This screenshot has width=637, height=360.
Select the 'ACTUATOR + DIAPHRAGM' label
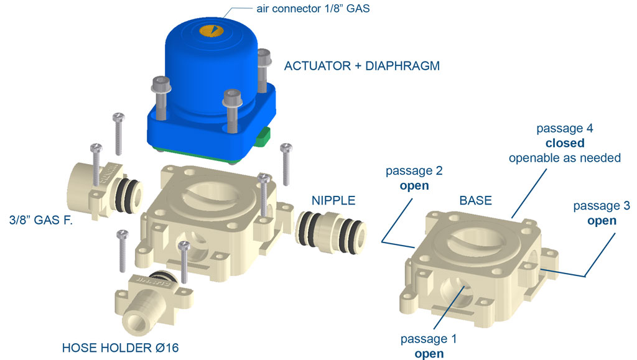click(x=361, y=65)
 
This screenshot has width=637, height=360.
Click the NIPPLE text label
click(x=333, y=200)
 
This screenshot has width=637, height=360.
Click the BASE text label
click(x=475, y=200)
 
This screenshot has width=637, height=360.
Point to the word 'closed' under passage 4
click(x=564, y=143)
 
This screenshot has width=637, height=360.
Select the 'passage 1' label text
click(x=429, y=339)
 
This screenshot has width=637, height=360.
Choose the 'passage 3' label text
click(x=602, y=206)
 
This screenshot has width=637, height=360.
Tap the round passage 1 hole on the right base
click(x=456, y=288)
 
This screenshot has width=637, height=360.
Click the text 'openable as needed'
click(x=564, y=158)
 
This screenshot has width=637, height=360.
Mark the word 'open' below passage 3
click(x=602, y=221)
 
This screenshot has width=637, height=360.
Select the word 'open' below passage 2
click(x=414, y=185)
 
